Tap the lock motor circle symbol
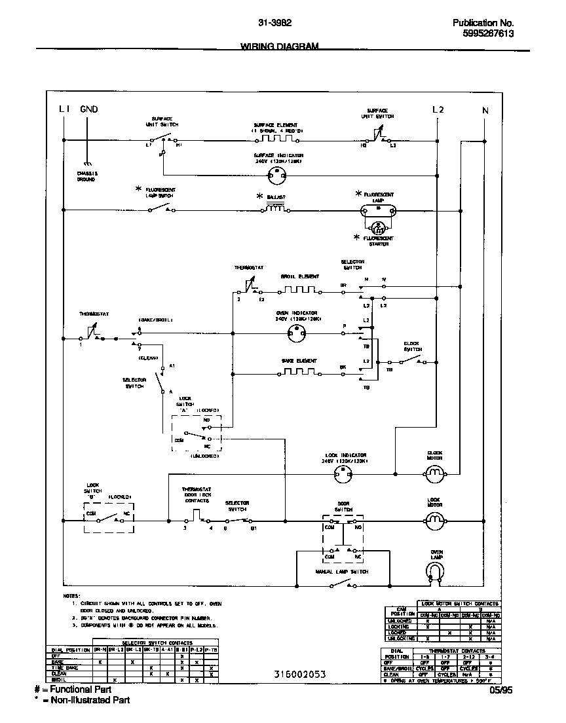[434, 521]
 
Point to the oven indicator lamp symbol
[297, 334]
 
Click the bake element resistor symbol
[299, 371]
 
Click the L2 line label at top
[438, 110]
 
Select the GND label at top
[89, 109]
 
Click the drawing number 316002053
[299, 674]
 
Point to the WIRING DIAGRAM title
[280, 46]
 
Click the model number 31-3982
[275, 23]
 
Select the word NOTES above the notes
[71, 597]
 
